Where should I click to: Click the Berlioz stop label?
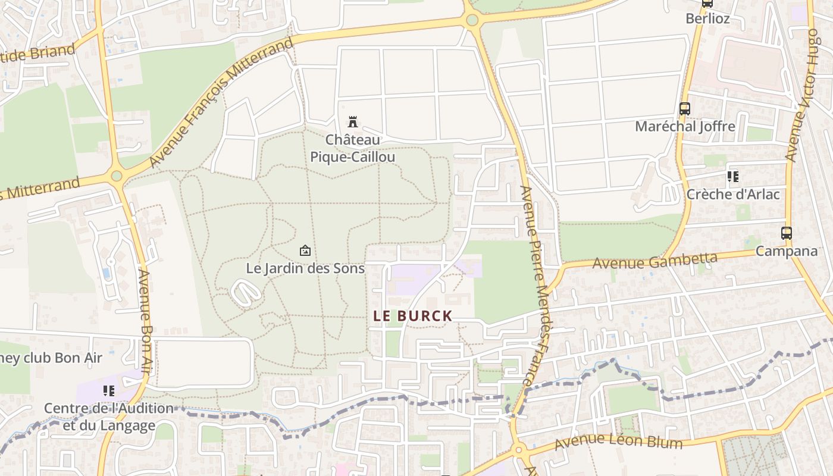pyautogui.click(x=707, y=18)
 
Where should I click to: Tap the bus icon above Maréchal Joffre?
pyautogui.click(x=684, y=109)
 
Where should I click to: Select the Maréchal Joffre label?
pyautogui.click(x=685, y=126)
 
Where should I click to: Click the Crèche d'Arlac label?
pyautogui.click(x=733, y=194)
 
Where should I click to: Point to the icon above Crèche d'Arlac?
pyautogui.click(x=733, y=177)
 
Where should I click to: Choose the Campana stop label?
pyautogui.click(x=787, y=251)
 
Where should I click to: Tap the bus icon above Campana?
pyautogui.click(x=787, y=233)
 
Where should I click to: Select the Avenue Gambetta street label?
pyautogui.click(x=655, y=260)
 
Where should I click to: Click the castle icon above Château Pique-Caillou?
pyautogui.click(x=353, y=122)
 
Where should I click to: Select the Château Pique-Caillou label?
pyautogui.click(x=353, y=148)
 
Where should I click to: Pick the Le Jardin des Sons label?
pyautogui.click(x=305, y=268)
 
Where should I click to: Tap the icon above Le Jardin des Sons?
pyautogui.click(x=305, y=250)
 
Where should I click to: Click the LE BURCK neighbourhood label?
pyautogui.click(x=413, y=316)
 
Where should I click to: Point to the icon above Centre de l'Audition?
pyautogui.click(x=108, y=391)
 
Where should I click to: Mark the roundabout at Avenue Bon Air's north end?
pyautogui.click(x=117, y=176)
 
